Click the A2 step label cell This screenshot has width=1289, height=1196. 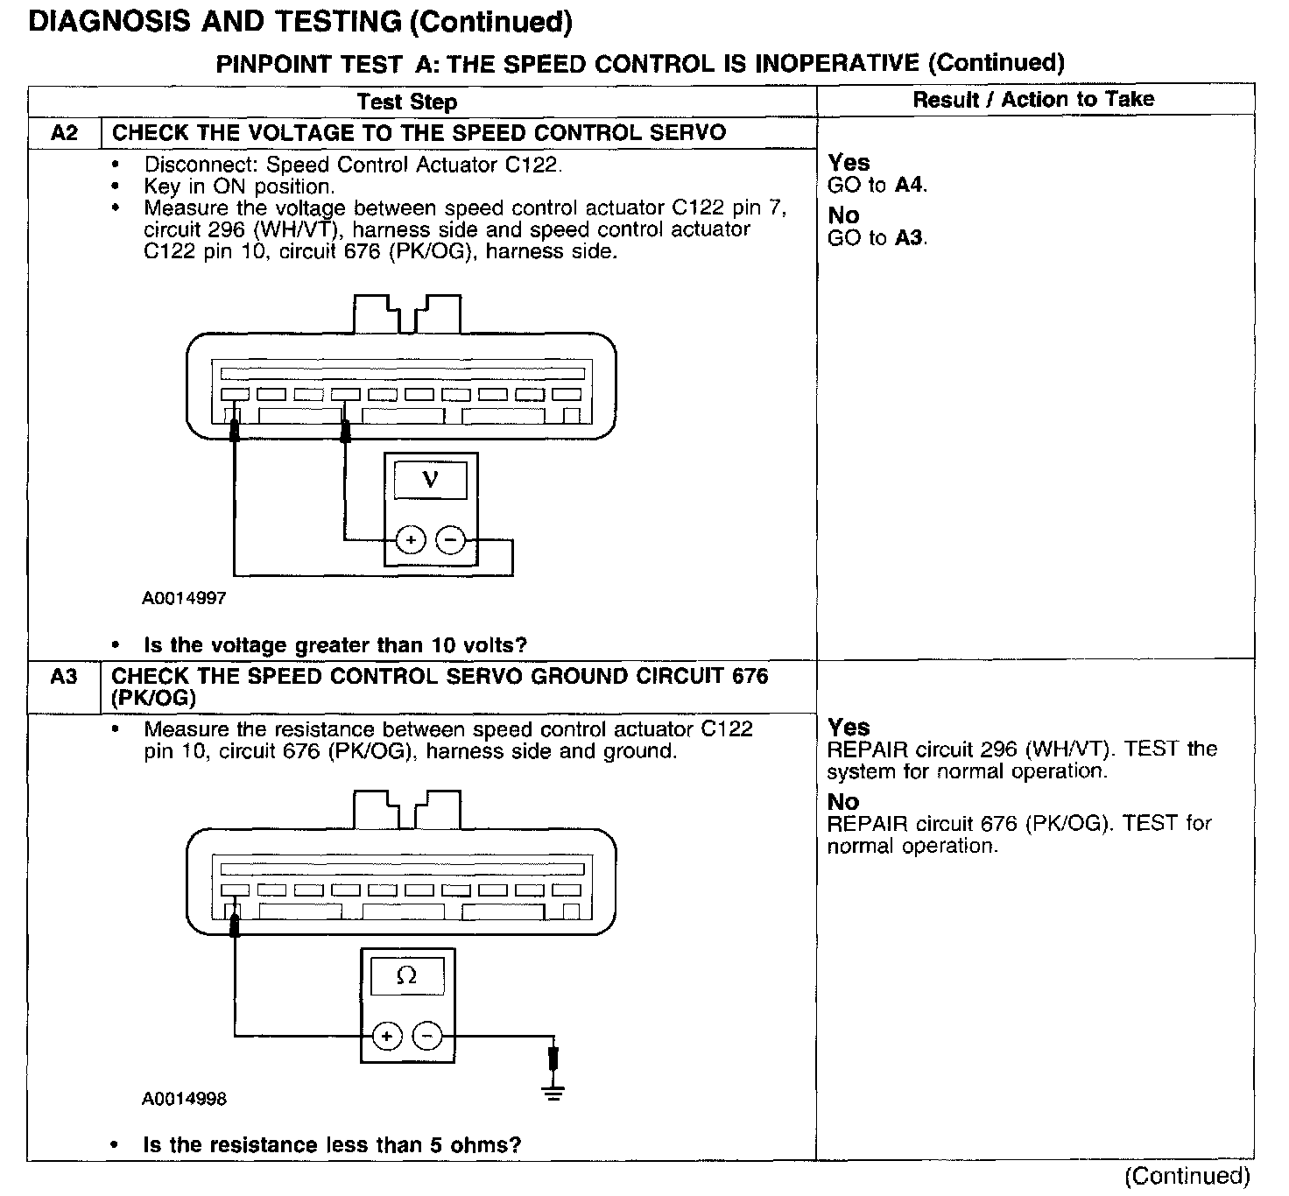(65, 133)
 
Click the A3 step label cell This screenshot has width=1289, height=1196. (65, 677)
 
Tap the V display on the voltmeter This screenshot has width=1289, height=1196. (430, 480)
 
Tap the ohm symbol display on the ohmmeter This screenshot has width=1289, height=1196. (407, 975)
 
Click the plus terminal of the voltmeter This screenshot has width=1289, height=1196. (410, 540)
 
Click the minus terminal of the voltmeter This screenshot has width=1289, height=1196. (450, 540)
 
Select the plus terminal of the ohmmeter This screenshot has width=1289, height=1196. (386, 1037)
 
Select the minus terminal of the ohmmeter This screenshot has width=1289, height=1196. (426, 1037)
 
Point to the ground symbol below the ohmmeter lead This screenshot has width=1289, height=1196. (553, 1092)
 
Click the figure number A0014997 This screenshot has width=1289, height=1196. (184, 599)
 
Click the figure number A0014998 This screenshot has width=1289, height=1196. (184, 1099)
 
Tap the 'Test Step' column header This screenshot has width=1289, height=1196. (407, 102)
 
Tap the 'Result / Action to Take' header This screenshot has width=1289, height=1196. (1033, 100)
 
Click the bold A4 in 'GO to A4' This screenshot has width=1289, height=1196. (909, 185)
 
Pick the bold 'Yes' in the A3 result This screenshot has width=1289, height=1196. (849, 728)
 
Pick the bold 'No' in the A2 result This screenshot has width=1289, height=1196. (843, 215)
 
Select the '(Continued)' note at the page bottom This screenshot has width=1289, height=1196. (1187, 1176)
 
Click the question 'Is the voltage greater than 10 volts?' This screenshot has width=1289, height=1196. (335, 645)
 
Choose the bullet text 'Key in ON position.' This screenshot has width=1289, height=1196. (239, 186)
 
